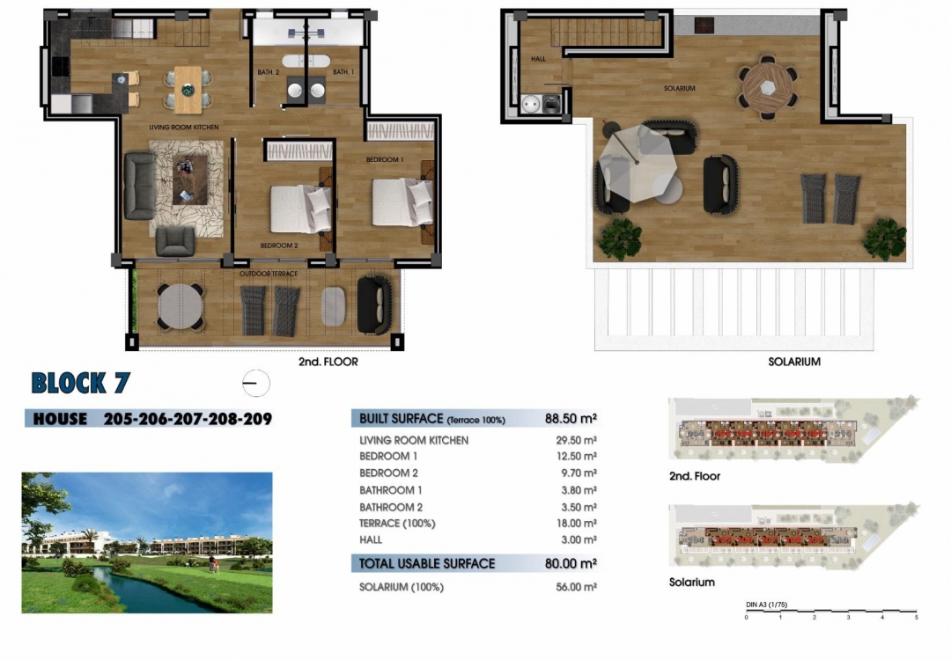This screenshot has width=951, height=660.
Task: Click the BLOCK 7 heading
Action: point(80,383)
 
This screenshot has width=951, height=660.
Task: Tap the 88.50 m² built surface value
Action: point(571,419)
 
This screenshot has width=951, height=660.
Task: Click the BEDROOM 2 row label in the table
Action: point(388,473)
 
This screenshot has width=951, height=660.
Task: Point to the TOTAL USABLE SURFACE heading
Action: point(427,563)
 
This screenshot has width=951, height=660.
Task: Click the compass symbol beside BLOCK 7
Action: point(255,384)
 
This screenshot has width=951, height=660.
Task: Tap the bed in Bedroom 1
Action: point(402,202)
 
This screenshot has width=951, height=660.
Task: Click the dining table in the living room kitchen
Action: point(188,89)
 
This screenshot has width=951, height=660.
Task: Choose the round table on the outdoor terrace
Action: point(181,307)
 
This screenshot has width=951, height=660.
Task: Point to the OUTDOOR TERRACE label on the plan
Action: point(269,275)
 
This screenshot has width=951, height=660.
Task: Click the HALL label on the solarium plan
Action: point(538,59)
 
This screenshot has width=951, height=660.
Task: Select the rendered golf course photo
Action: point(147,543)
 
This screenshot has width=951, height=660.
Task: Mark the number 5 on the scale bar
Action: point(916,618)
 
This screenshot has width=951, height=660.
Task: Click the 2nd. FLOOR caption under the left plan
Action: point(328,362)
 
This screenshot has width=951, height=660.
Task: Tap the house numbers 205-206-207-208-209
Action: point(188,419)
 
